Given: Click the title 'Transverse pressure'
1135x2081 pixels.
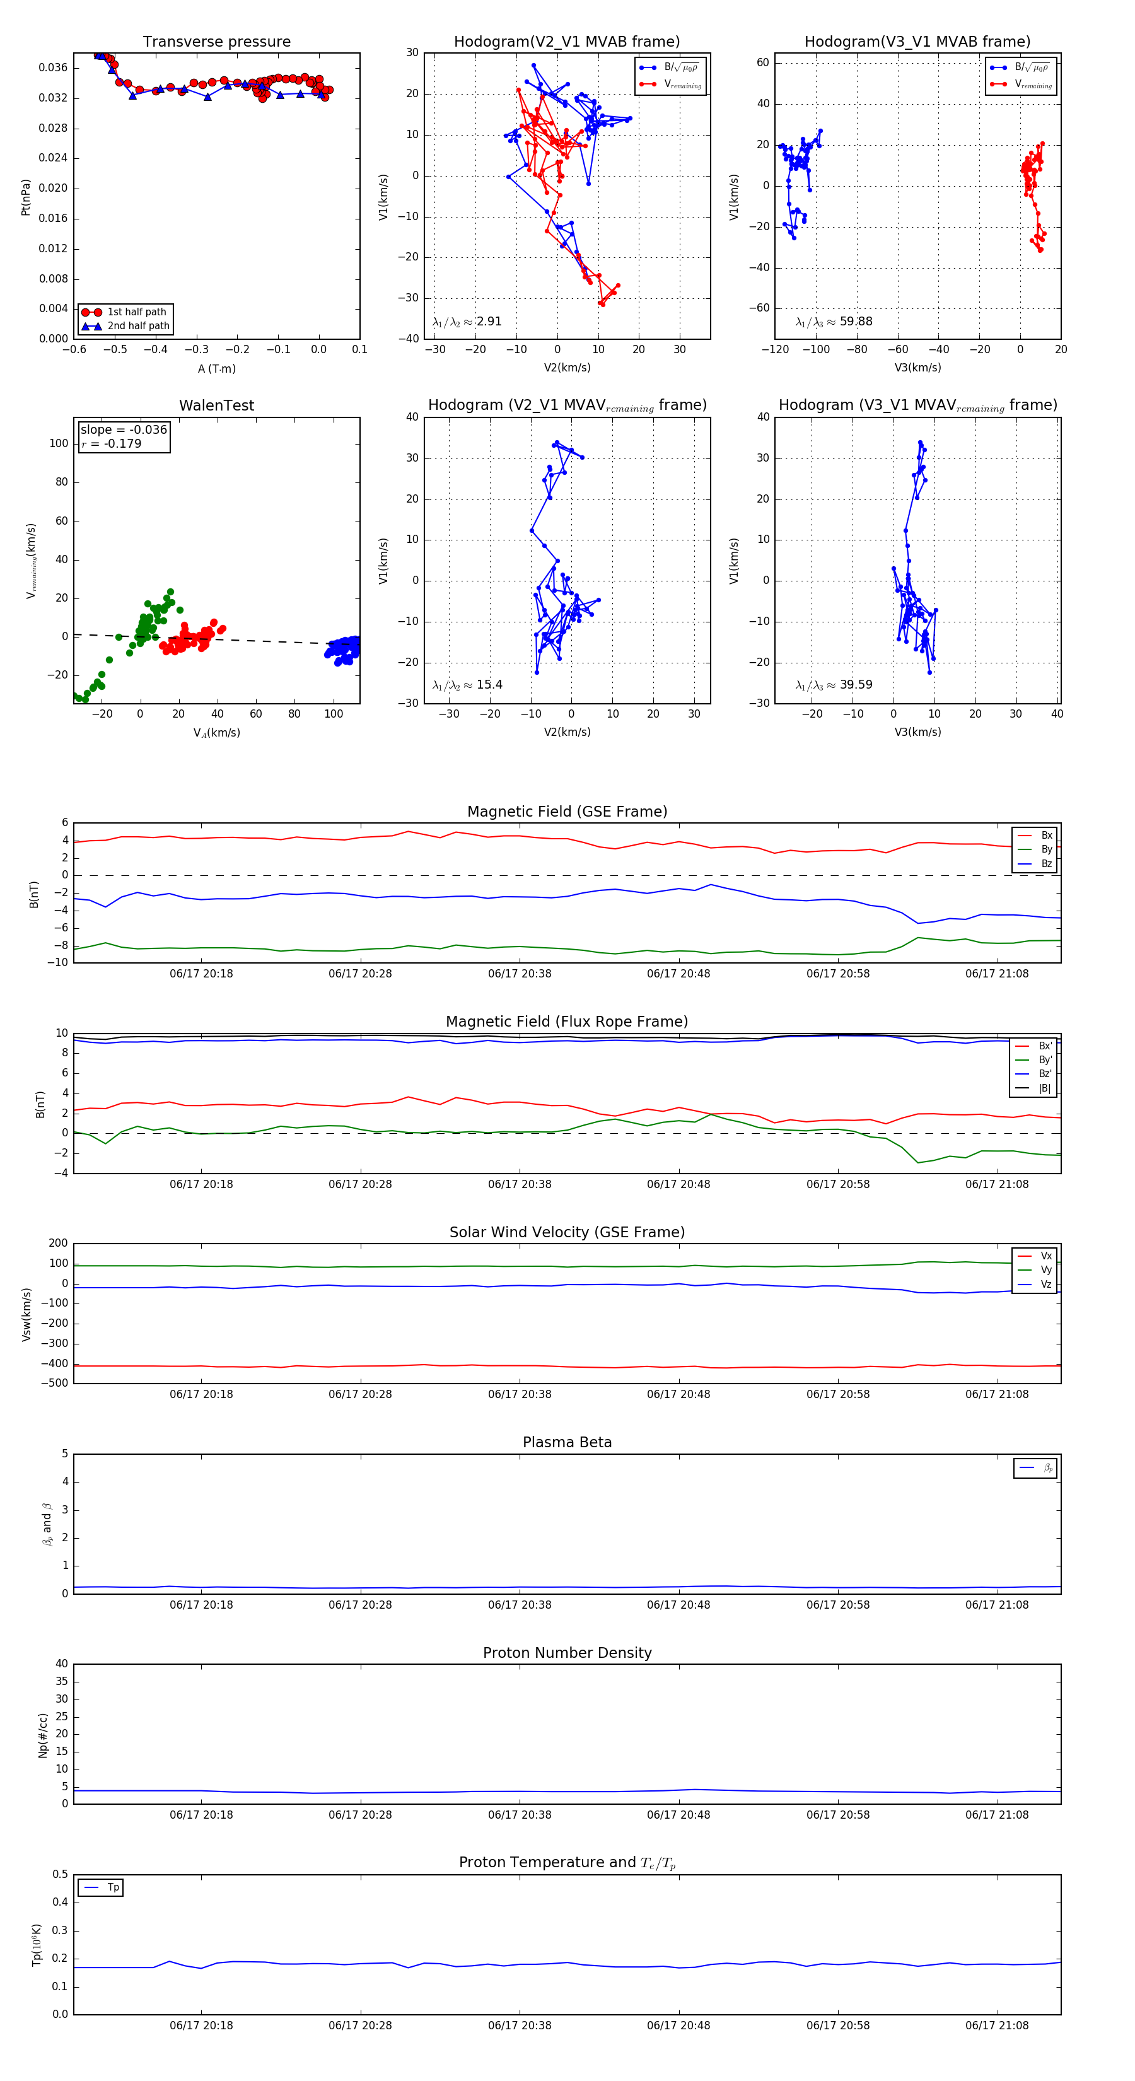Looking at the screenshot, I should point(216,42).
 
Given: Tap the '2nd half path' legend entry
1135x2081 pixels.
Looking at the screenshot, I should point(138,327).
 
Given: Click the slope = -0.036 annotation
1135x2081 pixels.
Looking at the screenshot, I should point(124,430).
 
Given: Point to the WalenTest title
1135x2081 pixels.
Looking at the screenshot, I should point(216,405).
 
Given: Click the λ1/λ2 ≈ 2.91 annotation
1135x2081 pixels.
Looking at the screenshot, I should point(467,322).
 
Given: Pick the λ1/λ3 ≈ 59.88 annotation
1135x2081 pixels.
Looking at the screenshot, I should point(834,322).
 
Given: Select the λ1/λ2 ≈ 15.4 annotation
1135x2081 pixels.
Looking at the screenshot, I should point(467,685).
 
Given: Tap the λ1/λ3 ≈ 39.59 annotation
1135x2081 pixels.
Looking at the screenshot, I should point(834,685).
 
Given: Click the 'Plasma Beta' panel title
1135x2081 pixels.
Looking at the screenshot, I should point(567,1443).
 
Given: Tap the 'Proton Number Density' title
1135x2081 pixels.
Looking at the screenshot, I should point(567,1653).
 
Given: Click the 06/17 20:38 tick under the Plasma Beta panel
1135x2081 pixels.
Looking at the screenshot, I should point(520,1605).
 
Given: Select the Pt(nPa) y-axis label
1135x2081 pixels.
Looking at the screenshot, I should point(26,197).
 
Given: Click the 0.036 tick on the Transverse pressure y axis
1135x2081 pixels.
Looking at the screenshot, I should point(54,68).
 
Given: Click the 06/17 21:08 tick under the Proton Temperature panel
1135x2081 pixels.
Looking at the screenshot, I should point(997,2026).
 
